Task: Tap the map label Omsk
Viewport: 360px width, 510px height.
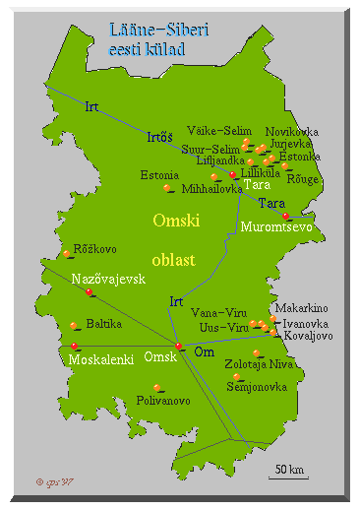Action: point(159,356)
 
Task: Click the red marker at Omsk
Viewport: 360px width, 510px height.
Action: point(178,346)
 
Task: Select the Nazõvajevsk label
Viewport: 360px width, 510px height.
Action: point(108,279)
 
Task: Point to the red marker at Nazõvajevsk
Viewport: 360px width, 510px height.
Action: point(90,291)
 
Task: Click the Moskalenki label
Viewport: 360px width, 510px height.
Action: point(101,360)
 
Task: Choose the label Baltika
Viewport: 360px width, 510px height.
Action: point(104,323)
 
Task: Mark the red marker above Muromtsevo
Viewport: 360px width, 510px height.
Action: point(285,216)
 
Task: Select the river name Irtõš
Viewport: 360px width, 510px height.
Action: point(160,137)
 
